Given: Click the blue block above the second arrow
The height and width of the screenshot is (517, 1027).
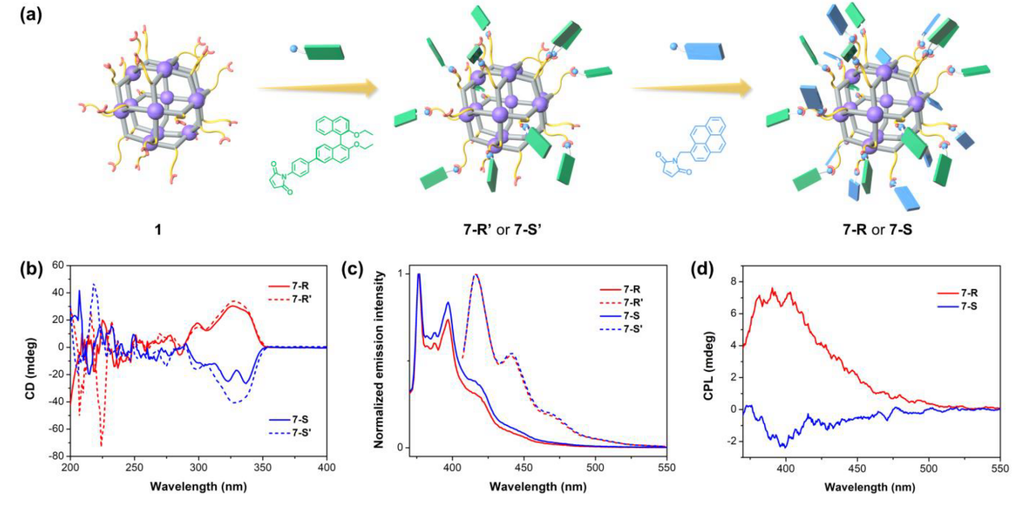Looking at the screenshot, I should pyautogui.click(x=696, y=52).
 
